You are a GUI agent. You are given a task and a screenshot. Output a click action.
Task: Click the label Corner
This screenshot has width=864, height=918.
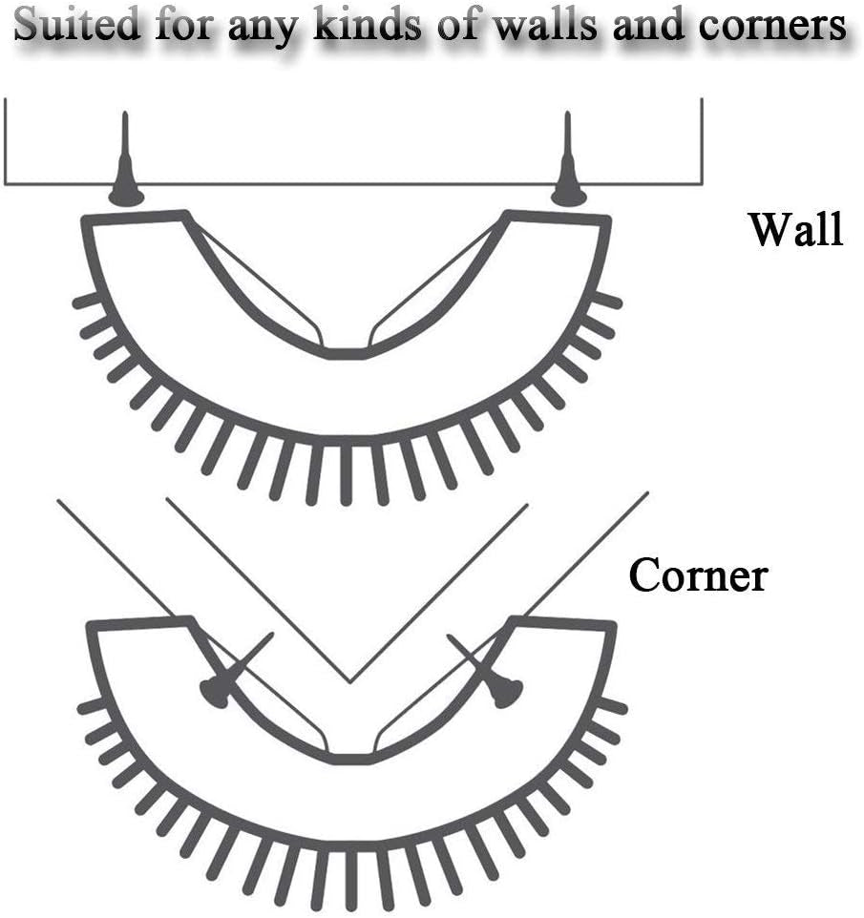tap(697, 575)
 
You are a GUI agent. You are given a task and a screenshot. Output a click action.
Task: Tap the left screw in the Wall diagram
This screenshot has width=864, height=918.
tap(125, 167)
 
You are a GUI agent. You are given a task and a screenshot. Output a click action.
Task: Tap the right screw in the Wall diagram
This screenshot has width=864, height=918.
tap(568, 167)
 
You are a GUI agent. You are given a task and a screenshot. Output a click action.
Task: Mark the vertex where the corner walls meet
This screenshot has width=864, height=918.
tap(349, 681)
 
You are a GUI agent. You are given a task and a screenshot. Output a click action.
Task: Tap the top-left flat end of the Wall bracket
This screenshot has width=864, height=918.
tap(135, 219)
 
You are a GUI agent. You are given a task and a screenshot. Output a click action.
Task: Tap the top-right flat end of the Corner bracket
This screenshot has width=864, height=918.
tap(563, 624)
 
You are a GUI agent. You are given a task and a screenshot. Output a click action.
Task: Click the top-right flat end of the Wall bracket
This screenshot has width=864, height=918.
tap(558, 219)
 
